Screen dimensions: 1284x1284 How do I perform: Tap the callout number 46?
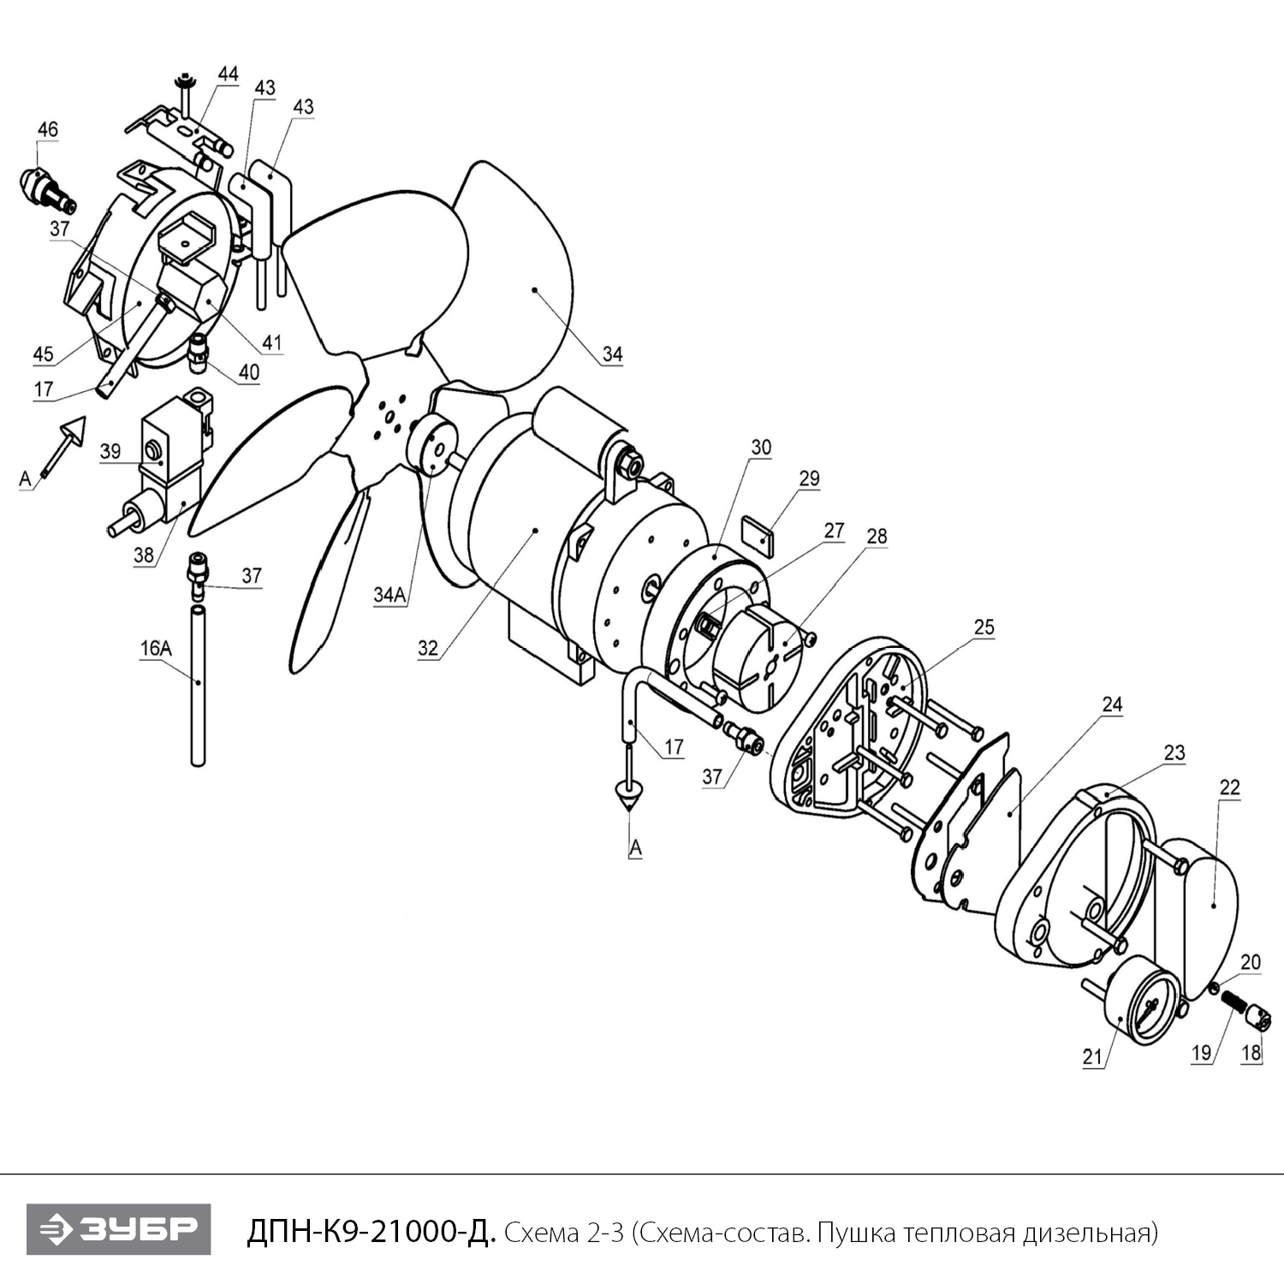48,129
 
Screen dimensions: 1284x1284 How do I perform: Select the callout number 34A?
389,595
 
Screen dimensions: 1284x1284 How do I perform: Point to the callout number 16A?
156,648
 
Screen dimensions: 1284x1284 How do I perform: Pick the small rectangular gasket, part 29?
757,533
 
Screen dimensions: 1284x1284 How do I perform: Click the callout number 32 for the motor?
428,648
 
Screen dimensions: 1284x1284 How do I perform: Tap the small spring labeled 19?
1233,1002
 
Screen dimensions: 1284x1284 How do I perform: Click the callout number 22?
1229,788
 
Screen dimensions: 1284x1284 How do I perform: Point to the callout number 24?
1112,704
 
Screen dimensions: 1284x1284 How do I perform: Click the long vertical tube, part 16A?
198,686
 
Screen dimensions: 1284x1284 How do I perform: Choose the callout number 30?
761,448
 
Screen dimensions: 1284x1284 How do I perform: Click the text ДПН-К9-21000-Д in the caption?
371,1233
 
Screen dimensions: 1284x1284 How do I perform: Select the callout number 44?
228,74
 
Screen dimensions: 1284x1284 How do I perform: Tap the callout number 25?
984,627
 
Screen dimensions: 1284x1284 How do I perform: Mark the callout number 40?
249,372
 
